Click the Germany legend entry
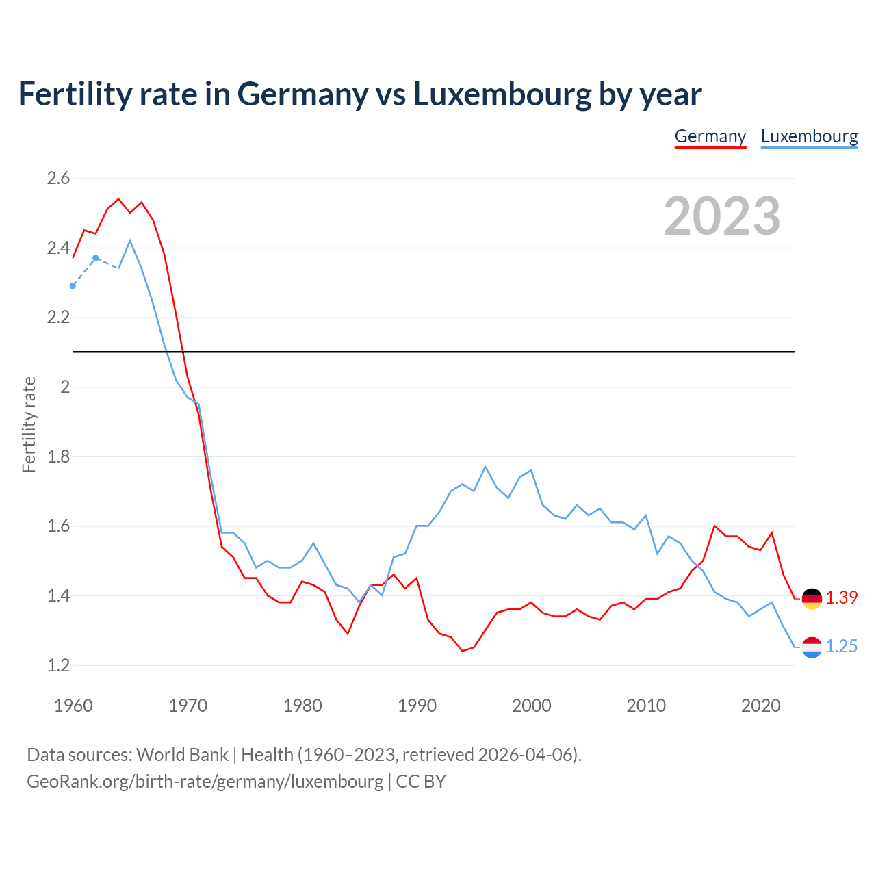tap(710, 136)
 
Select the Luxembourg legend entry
tap(809, 136)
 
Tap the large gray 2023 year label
tap(721, 216)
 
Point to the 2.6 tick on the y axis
tap(58, 179)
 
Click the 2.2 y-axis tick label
tap(58, 318)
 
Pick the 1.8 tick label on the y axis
tap(58, 456)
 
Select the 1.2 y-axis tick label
tap(58, 665)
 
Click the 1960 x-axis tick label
tap(73, 706)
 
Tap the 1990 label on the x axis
tap(417, 706)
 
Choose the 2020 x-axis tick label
tap(760, 706)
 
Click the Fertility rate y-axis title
tap(29, 424)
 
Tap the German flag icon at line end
tap(812, 598)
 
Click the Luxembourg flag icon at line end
tap(812, 647)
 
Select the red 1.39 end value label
tap(841, 597)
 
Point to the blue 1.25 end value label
tap(841, 647)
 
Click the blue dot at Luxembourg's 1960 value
tap(73, 286)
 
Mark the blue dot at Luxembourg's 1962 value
tap(96, 258)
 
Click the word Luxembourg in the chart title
tap(502, 94)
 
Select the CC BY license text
tap(421, 782)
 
